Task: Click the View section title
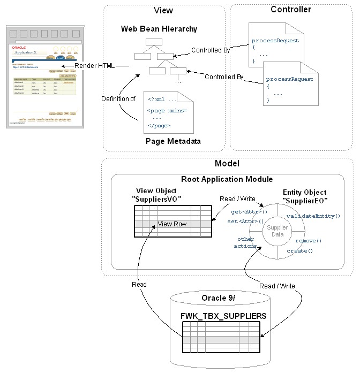pyautogui.click(x=163, y=10)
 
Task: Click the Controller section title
pyautogui.click(x=290, y=9)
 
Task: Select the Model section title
pyautogui.click(x=227, y=163)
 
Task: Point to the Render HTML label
pyautogui.click(x=95, y=66)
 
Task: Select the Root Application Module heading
pyautogui.click(x=227, y=179)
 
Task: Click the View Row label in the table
pyautogui.click(x=172, y=224)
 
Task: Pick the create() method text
pyautogui.click(x=299, y=250)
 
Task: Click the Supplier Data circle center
pyautogui.click(x=277, y=231)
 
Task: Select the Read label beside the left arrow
pyautogui.click(x=139, y=285)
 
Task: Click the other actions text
pyautogui.click(x=246, y=242)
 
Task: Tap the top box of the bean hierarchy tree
pyautogui.click(x=154, y=42)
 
